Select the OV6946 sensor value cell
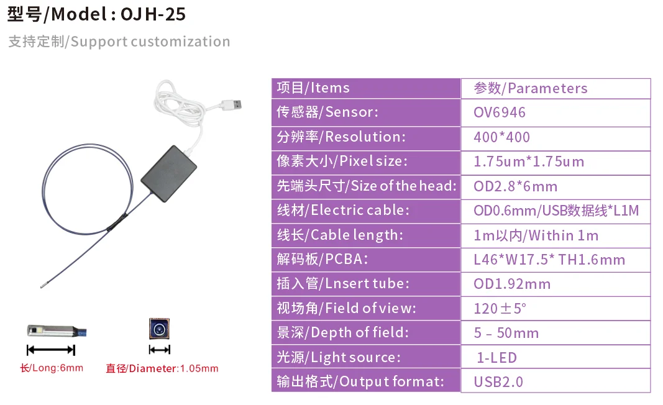(x=500, y=112)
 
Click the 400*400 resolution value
(x=502, y=137)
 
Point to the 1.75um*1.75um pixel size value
(x=529, y=162)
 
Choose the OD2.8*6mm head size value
(x=516, y=186)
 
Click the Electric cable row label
(x=343, y=211)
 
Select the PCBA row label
(x=326, y=260)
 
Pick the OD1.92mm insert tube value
(x=512, y=284)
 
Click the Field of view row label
(x=346, y=308)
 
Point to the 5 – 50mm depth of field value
(x=506, y=334)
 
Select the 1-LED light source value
(x=496, y=358)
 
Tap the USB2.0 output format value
(x=498, y=382)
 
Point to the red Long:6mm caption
(x=52, y=368)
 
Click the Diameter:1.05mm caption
(x=162, y=368)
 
